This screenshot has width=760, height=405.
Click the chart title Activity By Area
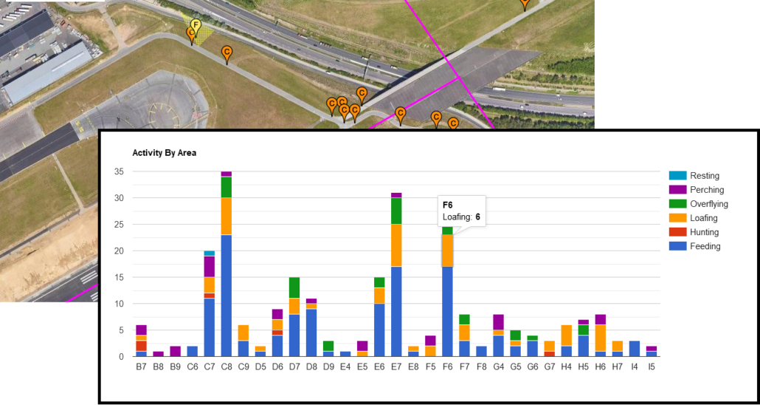pyautogui.click(x=164, y=153)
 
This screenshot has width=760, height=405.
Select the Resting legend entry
pyautogui.click(x=704, y=176)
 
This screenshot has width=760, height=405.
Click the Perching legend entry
pyautogui.click(x=706, y=190)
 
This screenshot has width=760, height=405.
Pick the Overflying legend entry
pyautogui.click(x=708, y=204)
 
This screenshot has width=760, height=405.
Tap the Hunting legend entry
pyautogui.click(x=705, y=232)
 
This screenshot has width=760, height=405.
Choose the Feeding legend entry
pyautogui.click(x=705, y=246)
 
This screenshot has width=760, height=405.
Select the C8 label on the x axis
pyautogui.click(x=227, y=365)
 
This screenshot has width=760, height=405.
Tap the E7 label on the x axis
pyautogui.click(x=396, y=365)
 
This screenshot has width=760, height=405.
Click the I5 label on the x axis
pyautogui.click(x=652, y=365)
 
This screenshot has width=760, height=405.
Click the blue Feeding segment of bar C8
pyautogui.click(x=227, y=296)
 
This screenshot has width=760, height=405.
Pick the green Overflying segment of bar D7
pyautogui.click(x=294, y=287)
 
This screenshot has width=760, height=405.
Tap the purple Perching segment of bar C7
pyautogui.click(x=210, y=267)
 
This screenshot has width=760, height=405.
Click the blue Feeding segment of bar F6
pyautogui.click(x=447, y=311)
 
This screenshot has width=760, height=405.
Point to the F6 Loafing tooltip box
pyautogui.click(x=461, y=211)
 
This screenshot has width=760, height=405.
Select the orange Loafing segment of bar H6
pyautogui.click(x=601, y=338)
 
